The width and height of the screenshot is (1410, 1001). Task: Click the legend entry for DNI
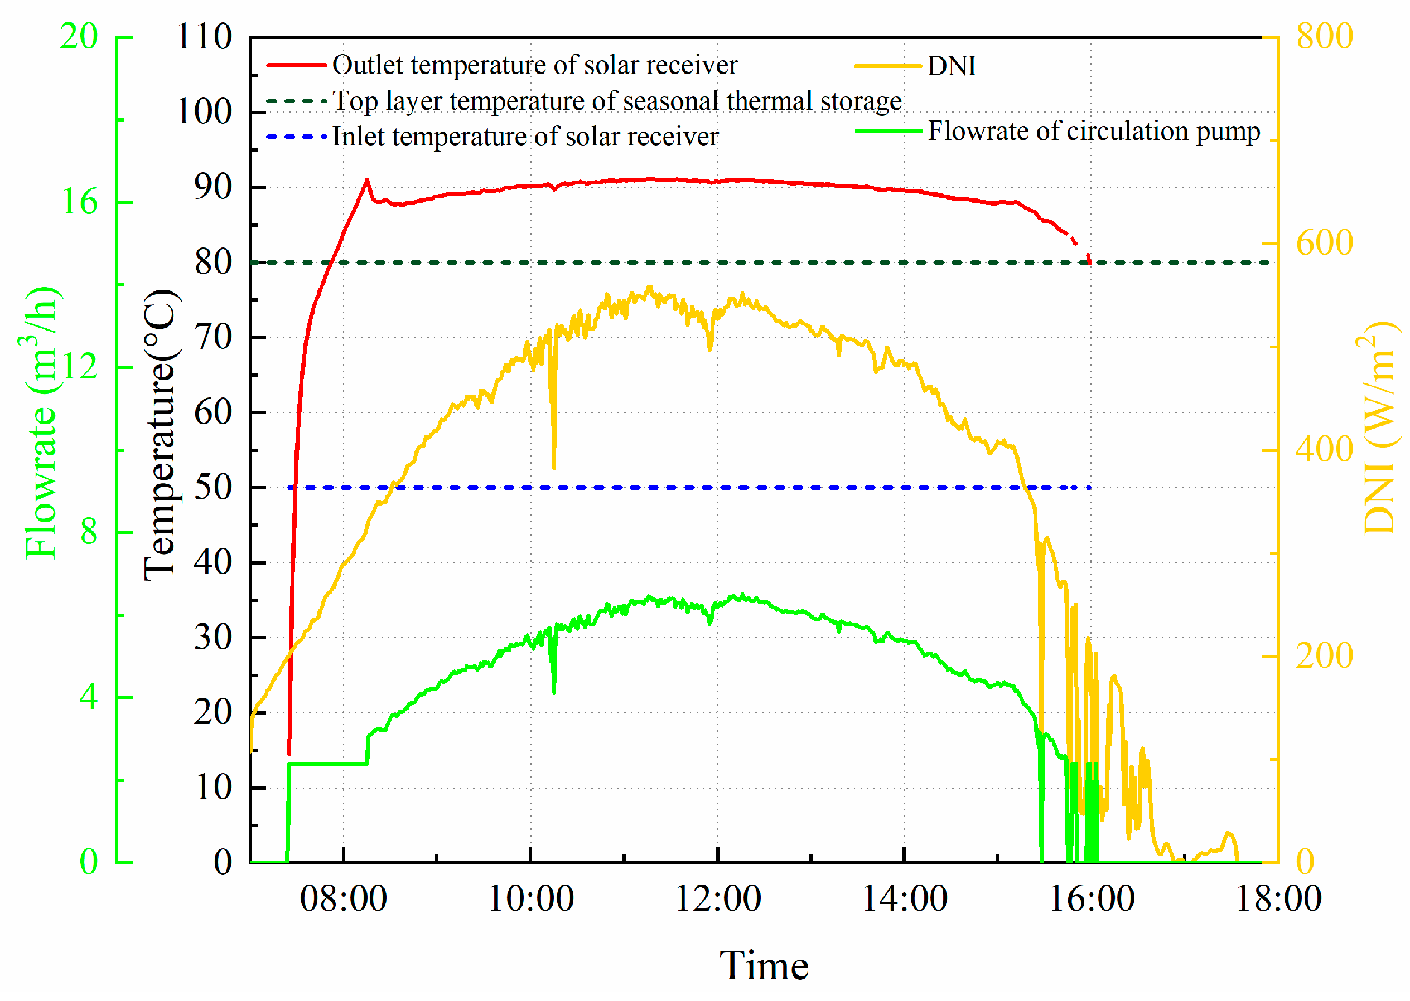pos(950,66)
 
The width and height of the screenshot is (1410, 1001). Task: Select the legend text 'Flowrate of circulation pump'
pos(1094,132)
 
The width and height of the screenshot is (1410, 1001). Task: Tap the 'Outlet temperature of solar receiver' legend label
pos(534,65)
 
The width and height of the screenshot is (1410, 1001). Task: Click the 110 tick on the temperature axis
pos(204,37)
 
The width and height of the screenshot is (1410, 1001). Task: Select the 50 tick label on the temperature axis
pos(213,488)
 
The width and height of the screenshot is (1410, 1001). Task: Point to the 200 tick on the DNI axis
pos(1324,656)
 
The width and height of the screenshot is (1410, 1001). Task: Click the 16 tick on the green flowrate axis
pos(80,202)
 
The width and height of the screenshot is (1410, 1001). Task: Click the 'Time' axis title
pos(764,965)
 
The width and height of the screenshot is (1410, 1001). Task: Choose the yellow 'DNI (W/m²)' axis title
pos(1379,428)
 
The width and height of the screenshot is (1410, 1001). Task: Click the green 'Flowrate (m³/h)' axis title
pos(41,423)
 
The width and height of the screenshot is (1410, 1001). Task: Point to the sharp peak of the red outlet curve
pos(367,181)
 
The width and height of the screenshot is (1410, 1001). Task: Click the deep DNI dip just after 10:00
pos(554,467)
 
